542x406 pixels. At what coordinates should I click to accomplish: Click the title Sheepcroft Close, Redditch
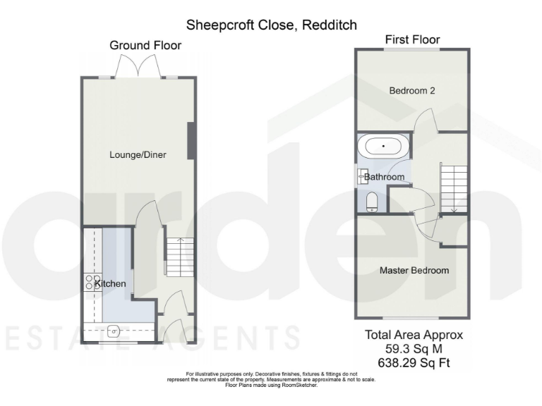tap(271, 25)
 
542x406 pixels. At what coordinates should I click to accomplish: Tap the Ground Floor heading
tap(145, 45)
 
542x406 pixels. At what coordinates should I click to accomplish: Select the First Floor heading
tap(413, 40)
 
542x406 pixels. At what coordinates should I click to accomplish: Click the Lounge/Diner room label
tap(138, 154)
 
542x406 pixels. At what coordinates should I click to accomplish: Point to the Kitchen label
tap(112, 284)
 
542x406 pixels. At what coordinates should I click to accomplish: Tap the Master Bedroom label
tap(414, 270)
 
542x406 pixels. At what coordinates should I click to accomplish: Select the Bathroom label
tap(385, 177)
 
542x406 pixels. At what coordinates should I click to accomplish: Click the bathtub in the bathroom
tap(383, 147)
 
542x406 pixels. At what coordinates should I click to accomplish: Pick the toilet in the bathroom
tap(372, 202)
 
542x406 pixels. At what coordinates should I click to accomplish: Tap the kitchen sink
tap(114, 331)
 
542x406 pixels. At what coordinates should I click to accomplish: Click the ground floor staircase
tap(178, 257)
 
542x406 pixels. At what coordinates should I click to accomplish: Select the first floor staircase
tap(454, 186)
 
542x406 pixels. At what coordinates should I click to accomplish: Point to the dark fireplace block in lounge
tap(190, 141)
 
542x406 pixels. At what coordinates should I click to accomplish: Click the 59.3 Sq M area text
tap(414, 349)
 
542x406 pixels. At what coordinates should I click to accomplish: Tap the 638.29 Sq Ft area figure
tap(414, 363)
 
